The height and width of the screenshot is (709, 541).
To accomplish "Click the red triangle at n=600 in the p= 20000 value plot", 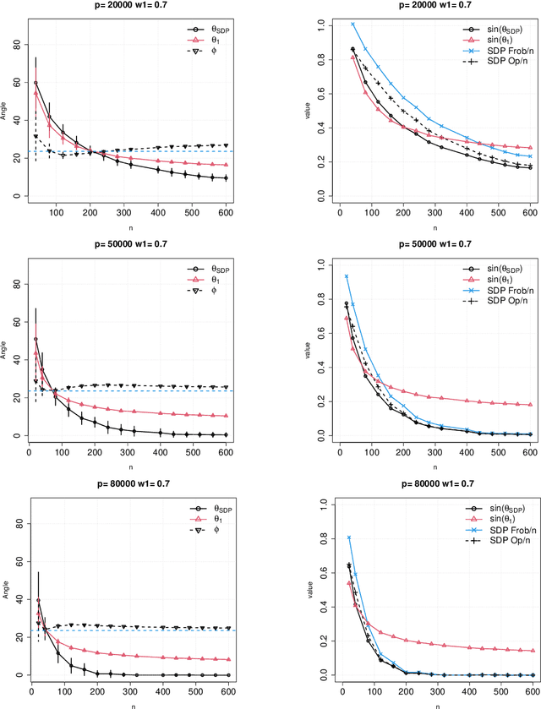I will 530,148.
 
